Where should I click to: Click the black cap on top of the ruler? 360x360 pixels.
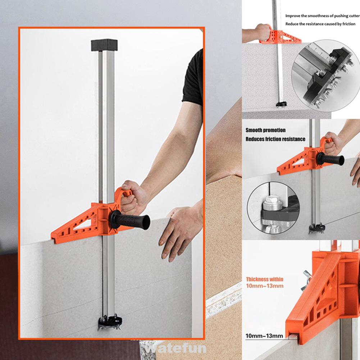click(104, 45)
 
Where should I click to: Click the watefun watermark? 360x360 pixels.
click(176, 348)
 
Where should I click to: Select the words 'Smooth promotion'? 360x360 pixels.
click(265, 130)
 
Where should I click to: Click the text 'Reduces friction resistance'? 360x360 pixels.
click(275, 139)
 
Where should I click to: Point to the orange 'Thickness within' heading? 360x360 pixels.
click(264, 279)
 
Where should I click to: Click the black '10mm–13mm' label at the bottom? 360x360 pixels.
click(264, 336)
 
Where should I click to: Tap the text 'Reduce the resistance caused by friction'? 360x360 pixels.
click(320, 24)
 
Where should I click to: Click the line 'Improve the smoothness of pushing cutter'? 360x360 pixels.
click(322, 16)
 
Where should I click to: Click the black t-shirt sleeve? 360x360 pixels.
click(193, 78)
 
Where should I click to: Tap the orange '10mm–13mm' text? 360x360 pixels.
click(264, 286)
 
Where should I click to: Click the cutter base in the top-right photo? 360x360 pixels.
click(281, 104)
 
